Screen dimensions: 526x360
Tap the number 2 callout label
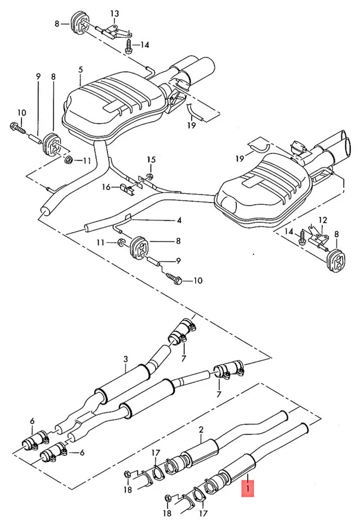[x=201, y=430]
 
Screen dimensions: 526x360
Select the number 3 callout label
[x=125, y=359]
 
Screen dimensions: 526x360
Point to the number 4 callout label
[x=179, y=221]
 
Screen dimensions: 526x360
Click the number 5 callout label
[x=81, y=70]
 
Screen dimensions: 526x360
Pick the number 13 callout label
[x=114, y=13]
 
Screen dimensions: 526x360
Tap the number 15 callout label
[x=151, y=159]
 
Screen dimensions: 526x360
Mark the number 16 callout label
[x=107, y=187]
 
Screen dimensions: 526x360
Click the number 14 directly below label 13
[x=144, y=45]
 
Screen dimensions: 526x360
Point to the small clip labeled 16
[x=127, y=189]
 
